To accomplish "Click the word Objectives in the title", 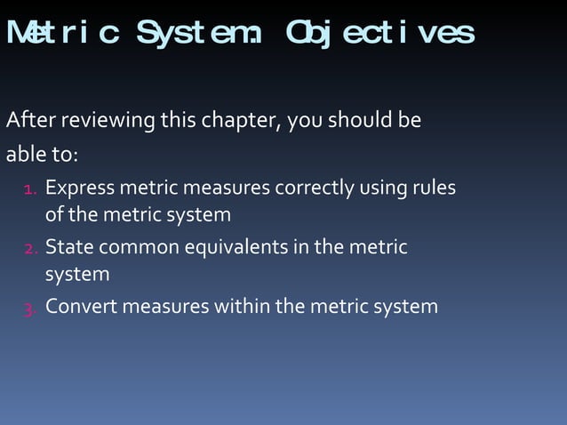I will click(379, 33).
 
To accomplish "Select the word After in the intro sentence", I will click(27, 119).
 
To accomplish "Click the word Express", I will click(79, 188).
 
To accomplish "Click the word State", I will click(68, 246).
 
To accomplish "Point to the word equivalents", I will click(237, 246).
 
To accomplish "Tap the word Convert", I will click(80, 307).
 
